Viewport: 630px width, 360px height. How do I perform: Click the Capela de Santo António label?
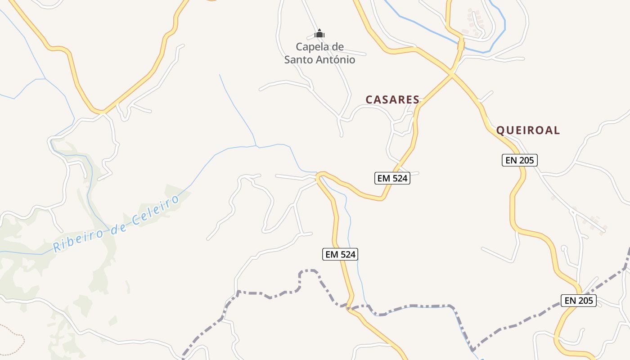tap(319, 53)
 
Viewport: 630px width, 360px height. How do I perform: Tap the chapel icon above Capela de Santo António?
tap(319, 34)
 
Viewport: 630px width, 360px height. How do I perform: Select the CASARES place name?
tap(392, 99)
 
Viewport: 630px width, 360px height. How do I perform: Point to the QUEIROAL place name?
tap(528, 130)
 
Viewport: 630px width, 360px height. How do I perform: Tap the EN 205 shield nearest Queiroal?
tap(520, 160)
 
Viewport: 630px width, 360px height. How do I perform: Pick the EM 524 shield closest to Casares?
tap(392, 178)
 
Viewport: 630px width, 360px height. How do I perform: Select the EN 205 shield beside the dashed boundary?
tap(578, 300)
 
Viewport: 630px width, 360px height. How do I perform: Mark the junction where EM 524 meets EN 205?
tap(451, 73)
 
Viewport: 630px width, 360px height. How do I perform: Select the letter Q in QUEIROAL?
tap(500, 130)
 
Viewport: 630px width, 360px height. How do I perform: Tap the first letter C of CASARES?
tap(369, 99)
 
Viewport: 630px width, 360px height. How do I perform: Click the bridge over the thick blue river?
tap(460, 45)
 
